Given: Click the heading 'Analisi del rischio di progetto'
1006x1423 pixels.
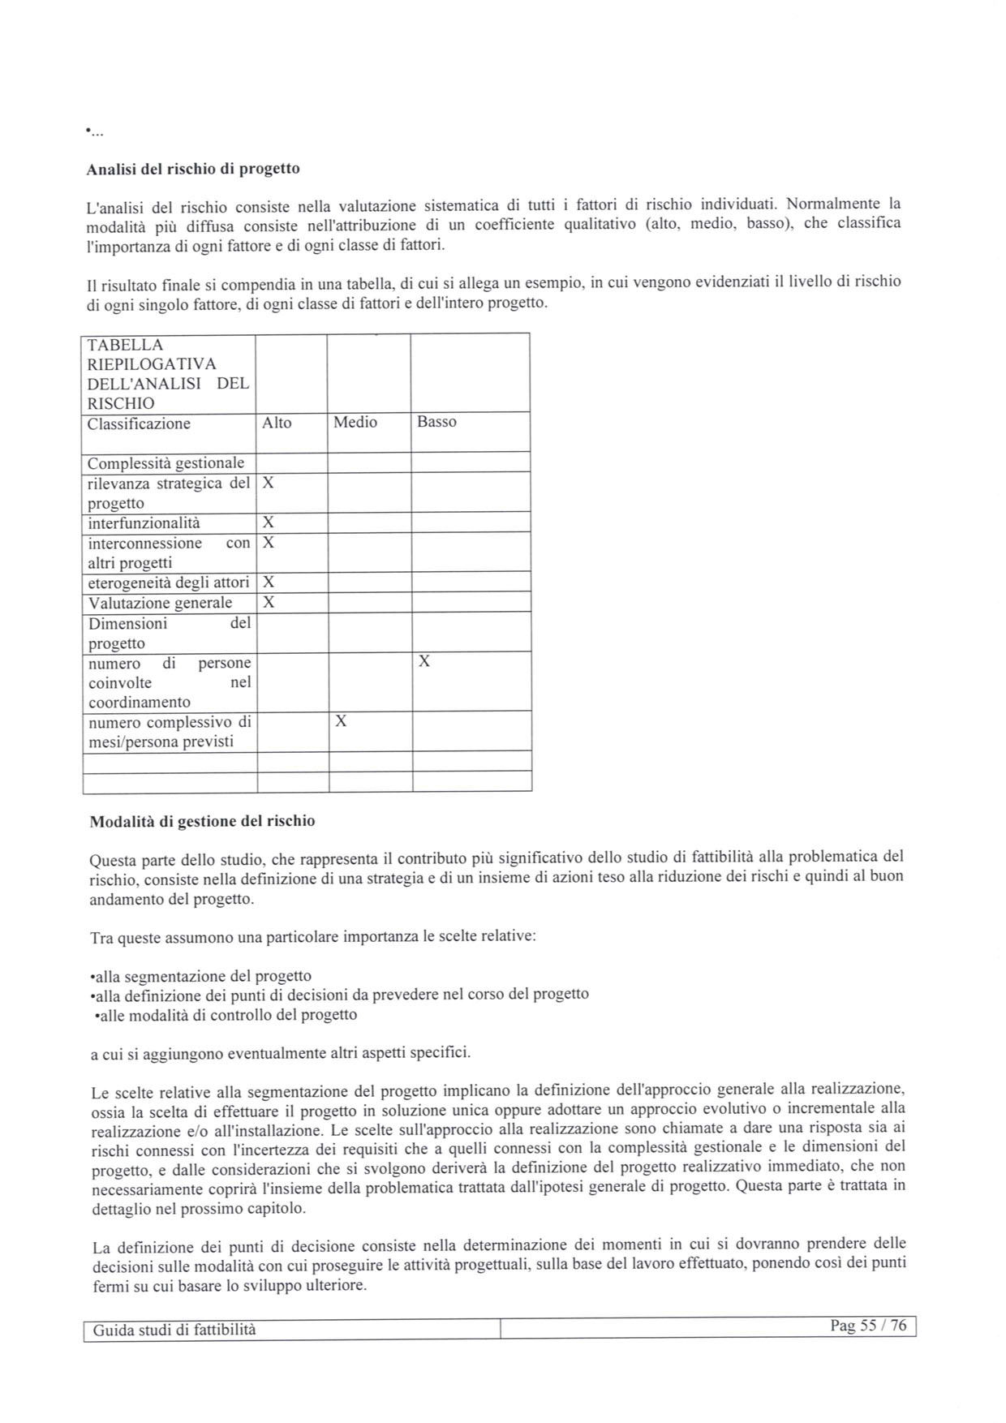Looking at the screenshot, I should [x=193, y=169].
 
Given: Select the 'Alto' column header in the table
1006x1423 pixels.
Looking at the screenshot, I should [x=277, y=423].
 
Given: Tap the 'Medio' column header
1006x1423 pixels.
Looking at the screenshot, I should [x=355, y=422].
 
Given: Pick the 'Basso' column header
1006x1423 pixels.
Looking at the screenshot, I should [x=436, y=422].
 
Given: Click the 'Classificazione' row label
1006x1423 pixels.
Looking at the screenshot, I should [x=139, y=423].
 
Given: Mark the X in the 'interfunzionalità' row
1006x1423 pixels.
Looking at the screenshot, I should [x=269, y=522].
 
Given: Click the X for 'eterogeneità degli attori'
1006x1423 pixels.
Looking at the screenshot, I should [x=269, y=582].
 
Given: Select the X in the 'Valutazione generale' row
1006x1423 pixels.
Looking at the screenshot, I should [x=269, y=602].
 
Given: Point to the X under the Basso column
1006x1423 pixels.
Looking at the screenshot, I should [x=423, y=662].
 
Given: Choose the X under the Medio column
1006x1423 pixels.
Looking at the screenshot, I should [x=341, y=721].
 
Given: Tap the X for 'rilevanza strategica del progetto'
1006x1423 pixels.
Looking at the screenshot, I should [x=269, y=483].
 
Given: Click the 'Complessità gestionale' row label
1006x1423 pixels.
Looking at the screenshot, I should [x=166, y=463].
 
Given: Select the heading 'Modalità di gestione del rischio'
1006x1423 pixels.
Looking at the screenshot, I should [x=202, y=821].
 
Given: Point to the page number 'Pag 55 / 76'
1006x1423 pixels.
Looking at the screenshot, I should [x=868, y=1326].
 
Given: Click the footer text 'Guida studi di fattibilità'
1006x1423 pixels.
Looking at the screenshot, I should [x=174, y=1330].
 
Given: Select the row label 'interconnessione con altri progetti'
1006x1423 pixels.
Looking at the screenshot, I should [x=169, y=552].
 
